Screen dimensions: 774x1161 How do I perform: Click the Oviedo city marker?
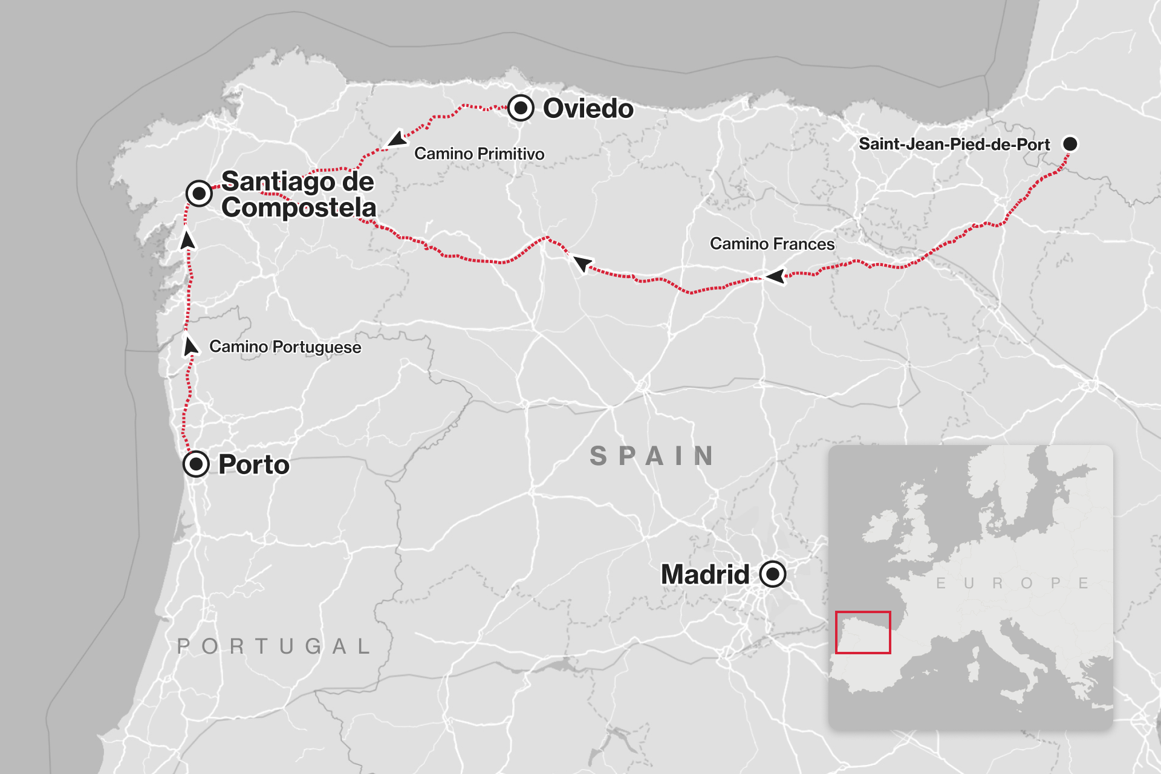(521, 108)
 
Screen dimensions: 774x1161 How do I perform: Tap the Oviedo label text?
(588, 109)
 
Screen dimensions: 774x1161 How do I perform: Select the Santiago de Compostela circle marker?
(199, 193)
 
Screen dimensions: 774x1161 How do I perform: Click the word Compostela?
(299, 207)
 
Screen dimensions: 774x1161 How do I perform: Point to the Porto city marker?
(196, 464)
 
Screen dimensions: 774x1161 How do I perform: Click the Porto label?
(254, 464)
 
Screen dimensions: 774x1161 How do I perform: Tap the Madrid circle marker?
(772, 574)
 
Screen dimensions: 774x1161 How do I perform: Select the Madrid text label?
(705, 574)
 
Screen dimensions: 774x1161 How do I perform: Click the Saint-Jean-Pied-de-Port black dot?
(1070, 144)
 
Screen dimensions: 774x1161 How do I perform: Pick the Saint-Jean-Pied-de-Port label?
(954, 145)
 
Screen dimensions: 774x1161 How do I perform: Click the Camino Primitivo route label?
(479, 154)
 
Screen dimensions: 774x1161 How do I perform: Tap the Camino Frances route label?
(772, 244)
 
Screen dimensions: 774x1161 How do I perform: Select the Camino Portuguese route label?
(285, 346)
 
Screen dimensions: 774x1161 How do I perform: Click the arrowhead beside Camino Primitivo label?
(397, 139)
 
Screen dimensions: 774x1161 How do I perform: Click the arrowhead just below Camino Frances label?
(775, 276)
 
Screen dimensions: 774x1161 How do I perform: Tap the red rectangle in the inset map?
(863, 633)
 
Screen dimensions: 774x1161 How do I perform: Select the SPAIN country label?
(652, 456)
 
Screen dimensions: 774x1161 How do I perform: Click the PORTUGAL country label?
(273, 646)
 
